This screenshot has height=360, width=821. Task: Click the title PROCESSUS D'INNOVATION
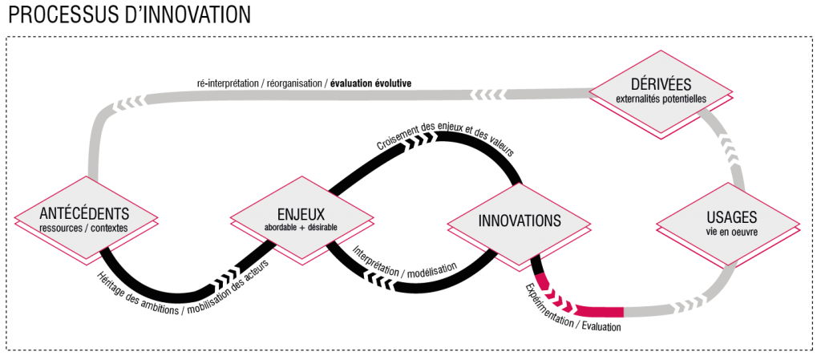point(127,14)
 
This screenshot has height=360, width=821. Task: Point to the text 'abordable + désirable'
point(301,228)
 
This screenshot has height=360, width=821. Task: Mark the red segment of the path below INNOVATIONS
point(601,311)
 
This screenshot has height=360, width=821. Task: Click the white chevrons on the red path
point(561,304)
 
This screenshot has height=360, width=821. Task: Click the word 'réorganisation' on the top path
point(294,83)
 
